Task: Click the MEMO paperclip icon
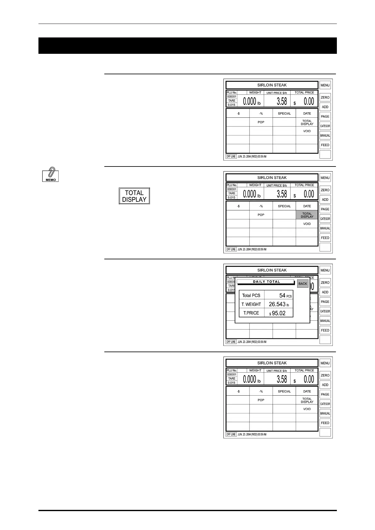point(50,175)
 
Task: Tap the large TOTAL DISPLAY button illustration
point(134,196)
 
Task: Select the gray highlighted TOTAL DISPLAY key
point(307,215)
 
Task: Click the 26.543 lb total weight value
point(279,304)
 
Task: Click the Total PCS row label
point(251,296)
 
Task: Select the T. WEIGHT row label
point(251,304)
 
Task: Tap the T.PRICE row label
point(251,313)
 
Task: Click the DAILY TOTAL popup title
point(266,282)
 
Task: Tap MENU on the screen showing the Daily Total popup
point(325,270)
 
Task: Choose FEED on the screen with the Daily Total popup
point(325,330)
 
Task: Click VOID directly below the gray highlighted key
point(307,224)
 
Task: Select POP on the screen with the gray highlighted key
point(261,215)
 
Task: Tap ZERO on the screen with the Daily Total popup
point(325,283)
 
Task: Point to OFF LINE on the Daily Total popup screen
point(231,342)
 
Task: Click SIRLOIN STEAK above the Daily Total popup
point(272,270)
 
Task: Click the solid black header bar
point(187,46)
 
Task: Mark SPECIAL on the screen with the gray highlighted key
point(284,206)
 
